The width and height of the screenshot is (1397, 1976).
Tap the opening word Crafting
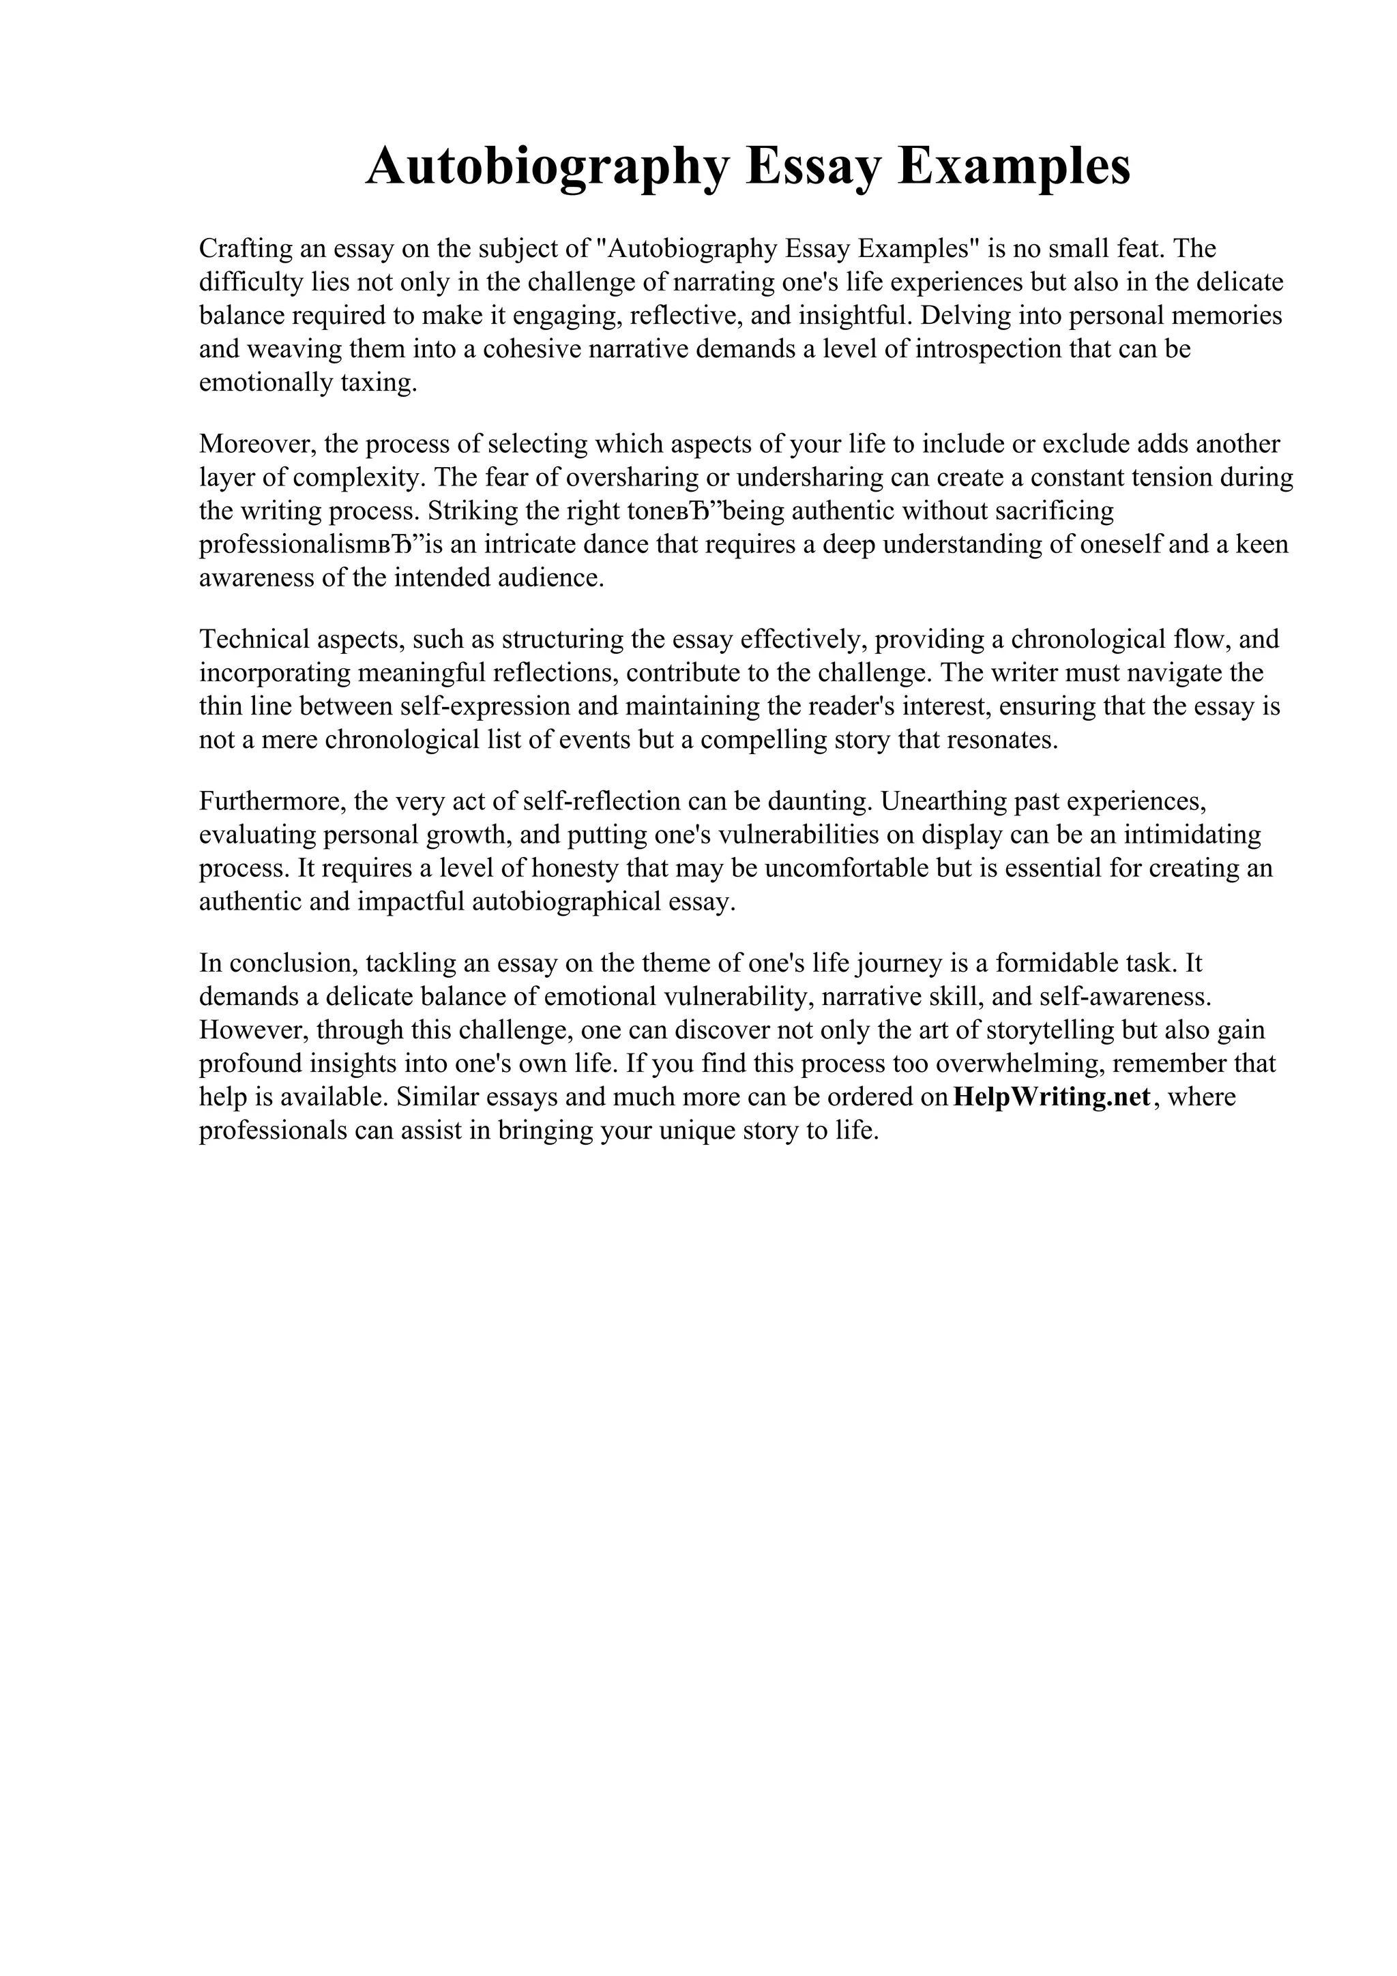[246, 249]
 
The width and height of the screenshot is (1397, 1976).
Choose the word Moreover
[256, 444]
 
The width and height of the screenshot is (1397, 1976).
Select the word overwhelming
[1019, 1064]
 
